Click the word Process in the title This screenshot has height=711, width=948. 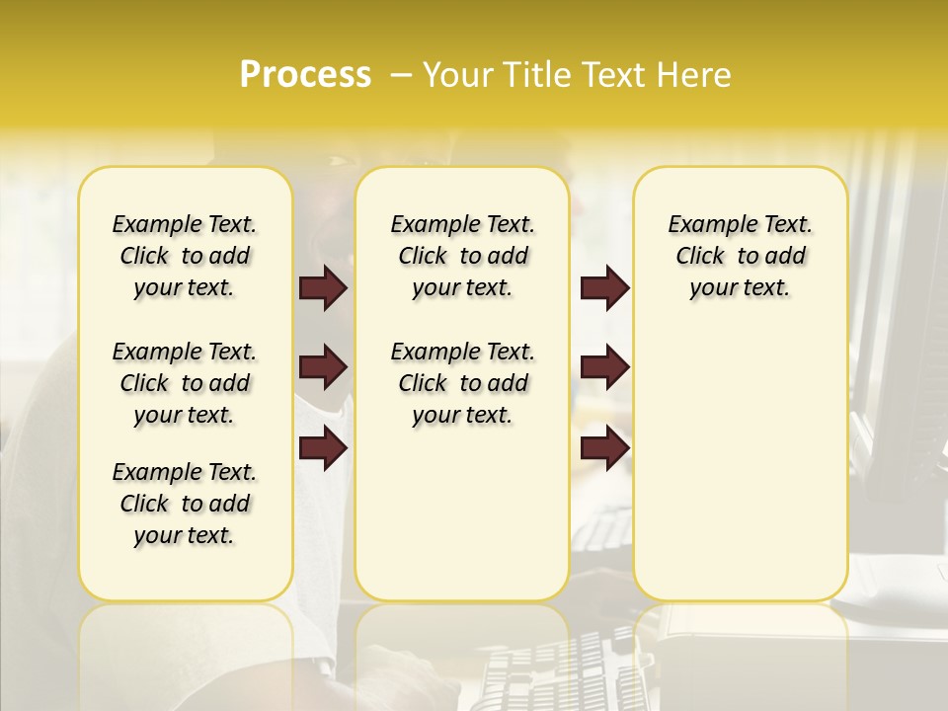(x=305, y=74)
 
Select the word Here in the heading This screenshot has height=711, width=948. (x=695, y=75)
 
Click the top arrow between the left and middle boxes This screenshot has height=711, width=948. (x=323, y=287)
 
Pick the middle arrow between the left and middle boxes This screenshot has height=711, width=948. (x=323, y=367)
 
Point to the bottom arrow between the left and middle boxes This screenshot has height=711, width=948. (x=323, y=448)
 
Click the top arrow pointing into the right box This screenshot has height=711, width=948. (x=604, y=287)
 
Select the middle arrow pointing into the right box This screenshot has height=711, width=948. (x=604, y=367)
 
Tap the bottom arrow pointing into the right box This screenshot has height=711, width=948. (x=604, y=448)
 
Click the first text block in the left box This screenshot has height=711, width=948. (x=185, y=256)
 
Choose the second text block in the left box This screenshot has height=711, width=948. (x=185, y=383)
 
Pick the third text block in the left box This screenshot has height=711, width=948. (x=185, y=504)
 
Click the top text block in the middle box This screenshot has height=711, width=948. (x=462, y=256)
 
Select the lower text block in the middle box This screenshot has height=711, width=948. (x=462, y=383)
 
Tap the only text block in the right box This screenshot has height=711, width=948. (x=740, y=256)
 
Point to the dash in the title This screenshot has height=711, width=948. (x=401, y=75)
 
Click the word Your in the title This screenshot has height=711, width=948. (x=454, y=75)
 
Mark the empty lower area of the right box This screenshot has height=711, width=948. (x=740, y=464)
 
